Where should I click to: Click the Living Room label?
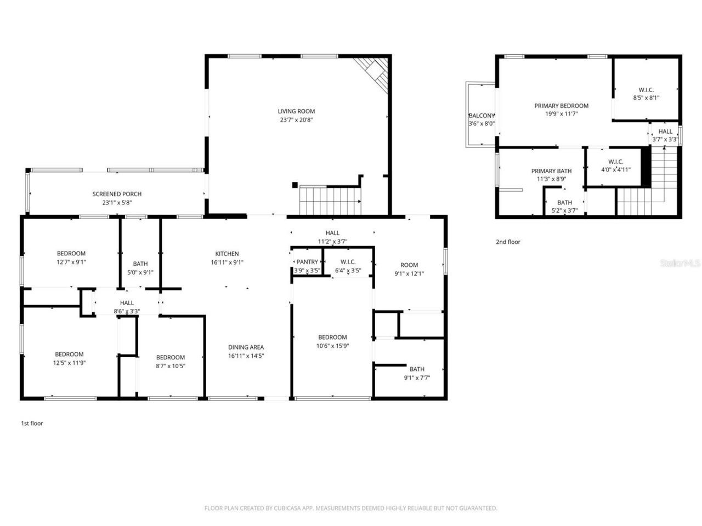[x=296, y=111]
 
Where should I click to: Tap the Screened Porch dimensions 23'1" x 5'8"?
[x=117, y=202]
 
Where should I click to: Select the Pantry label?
[x=307, y=262]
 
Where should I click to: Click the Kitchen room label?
[x=227, y=254]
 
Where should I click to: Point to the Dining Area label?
[x=246, y=347]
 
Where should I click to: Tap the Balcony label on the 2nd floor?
[x=481, y=116]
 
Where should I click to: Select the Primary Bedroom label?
[x=561, y=106]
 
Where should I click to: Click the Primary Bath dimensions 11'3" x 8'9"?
[x=551, y=179]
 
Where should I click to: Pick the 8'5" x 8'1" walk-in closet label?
[x=646, y=98]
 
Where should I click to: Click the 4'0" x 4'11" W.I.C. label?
[x=615, y=169]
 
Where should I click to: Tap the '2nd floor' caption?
[x=508, y=242]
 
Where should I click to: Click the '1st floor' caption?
[x=32, y=423]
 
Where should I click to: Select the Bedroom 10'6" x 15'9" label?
[x=332, y=337]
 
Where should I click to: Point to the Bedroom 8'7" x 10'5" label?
[x=170, y=357]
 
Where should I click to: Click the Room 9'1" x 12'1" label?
[x=409, y=265]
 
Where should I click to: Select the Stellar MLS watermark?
[x=680, y=264]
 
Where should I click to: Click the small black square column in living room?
[x=295, y=185]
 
